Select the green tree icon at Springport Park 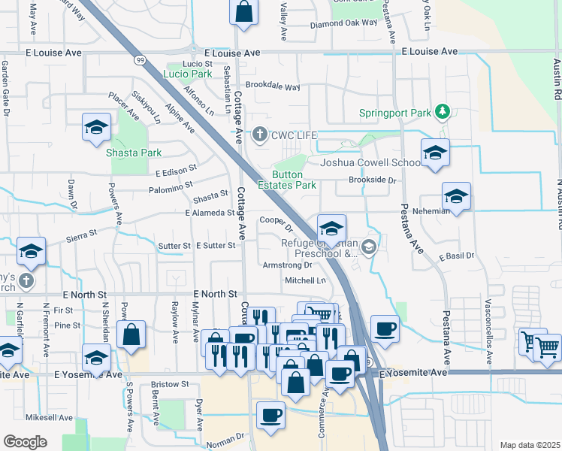pos(443,113)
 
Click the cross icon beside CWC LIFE pos(260,135)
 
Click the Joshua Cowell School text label pos(371,162)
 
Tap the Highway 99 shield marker pos(140,59)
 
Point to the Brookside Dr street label pos(371,180)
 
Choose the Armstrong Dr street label pos(286,265)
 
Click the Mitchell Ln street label pos(305,280)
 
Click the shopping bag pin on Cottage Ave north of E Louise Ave pos(244,12)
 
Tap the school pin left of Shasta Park pos(96,128)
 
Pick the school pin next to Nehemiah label pos(456,197)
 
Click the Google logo pos(25,442)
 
